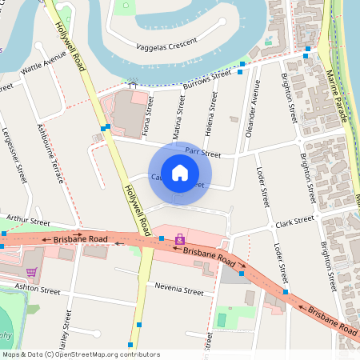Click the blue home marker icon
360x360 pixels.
[180, 172]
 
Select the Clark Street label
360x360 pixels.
[294, 220]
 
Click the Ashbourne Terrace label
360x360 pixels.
[50, 152]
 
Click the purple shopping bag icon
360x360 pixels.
[180, 238]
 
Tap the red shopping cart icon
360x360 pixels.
[31, 250]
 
